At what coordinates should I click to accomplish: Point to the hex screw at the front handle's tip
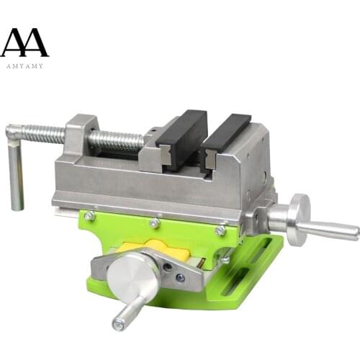(118, 325)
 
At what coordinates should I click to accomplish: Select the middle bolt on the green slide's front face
(154, 223)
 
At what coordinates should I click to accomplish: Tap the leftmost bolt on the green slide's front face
(89, 215)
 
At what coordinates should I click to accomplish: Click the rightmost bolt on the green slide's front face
(220, 230)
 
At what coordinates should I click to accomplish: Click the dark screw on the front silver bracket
(179, 277)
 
